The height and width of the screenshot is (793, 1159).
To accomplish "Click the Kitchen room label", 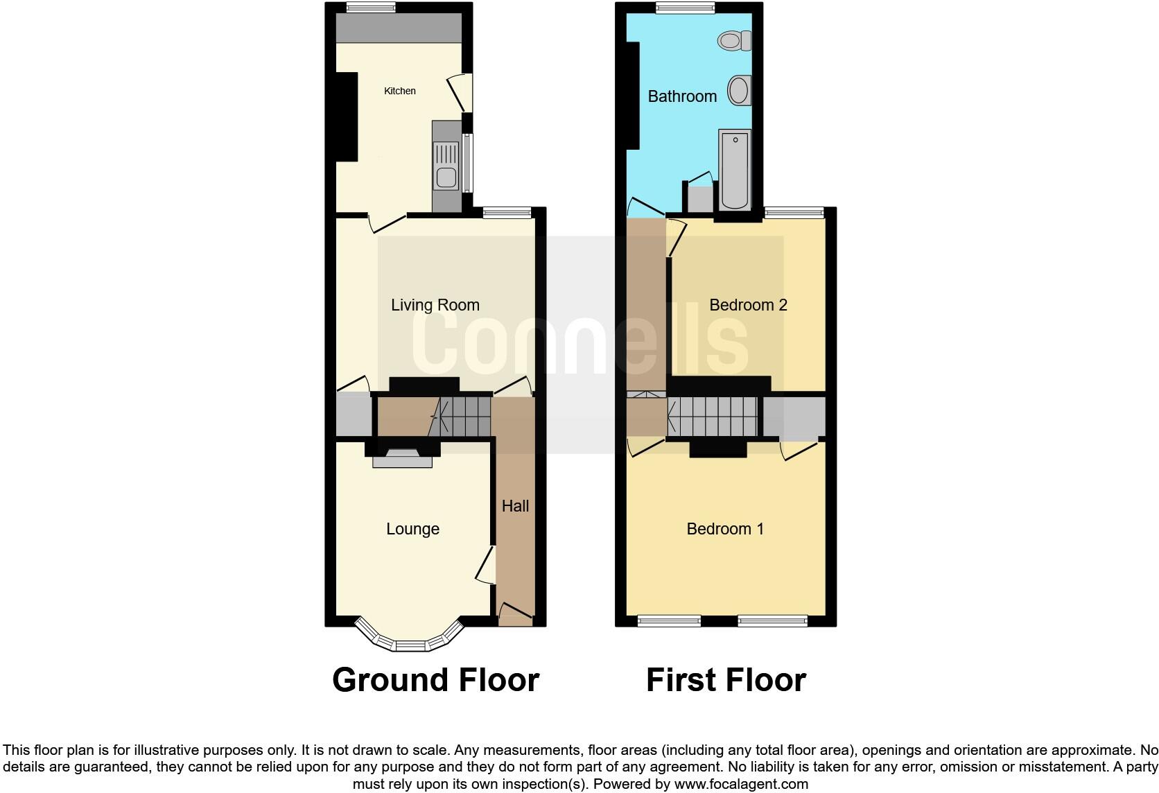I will coord(400,91).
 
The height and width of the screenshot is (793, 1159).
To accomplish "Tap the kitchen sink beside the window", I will coord(445,166).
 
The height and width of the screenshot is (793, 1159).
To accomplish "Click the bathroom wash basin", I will coord(739,90).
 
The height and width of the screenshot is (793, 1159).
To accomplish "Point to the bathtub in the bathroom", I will coord(735,170).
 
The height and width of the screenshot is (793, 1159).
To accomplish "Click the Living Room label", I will coord(435,305).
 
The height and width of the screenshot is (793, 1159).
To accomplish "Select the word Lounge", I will coord(412,529).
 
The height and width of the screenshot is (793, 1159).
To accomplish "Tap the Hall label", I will coord(515,506).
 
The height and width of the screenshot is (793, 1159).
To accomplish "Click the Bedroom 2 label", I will coord(748,305).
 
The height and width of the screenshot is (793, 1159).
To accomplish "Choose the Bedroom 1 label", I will coord(725,529).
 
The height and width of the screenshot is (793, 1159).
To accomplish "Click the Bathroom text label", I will coord(682,96).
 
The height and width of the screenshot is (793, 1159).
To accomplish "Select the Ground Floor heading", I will coord(435,680).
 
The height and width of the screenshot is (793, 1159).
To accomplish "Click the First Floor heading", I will coord(726,680).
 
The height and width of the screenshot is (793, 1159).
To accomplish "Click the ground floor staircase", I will coord(461,417).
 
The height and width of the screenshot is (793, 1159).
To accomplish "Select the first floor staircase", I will coord(714,417).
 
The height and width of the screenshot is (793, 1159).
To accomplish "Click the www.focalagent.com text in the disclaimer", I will coord(740,785).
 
